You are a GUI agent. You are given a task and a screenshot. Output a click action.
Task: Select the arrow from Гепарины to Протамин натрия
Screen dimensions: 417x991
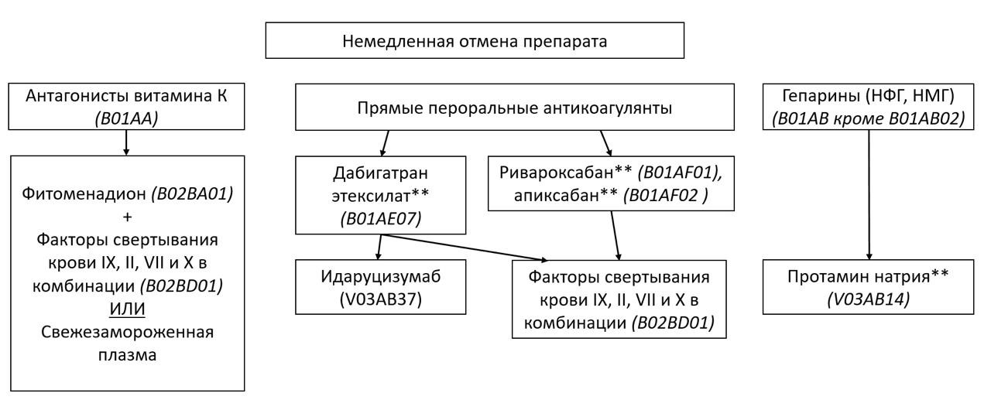(x=869, y=193)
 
